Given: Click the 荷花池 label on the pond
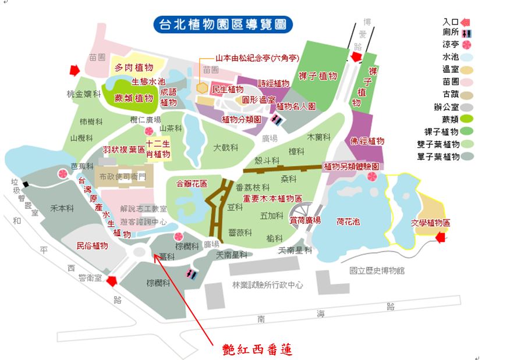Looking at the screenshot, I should (348, 221).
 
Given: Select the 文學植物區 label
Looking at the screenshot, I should (431, 223).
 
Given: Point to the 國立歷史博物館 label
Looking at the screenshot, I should (377, 270).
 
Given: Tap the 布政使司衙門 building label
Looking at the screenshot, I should (124, 176).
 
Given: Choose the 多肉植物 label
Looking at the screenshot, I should (133, 68).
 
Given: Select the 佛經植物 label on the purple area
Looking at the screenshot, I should (367, 141).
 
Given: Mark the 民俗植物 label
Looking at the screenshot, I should (92, 246).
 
